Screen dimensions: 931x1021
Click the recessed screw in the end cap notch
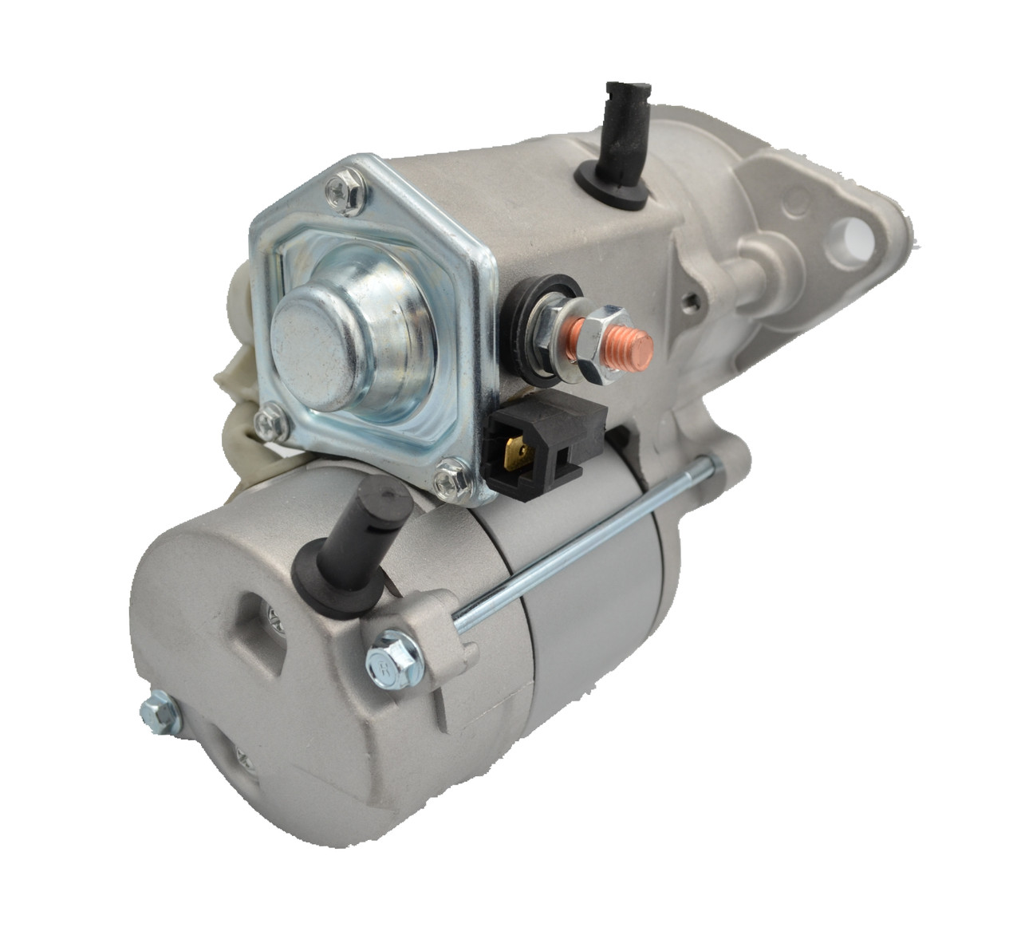(x=274, y=613)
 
